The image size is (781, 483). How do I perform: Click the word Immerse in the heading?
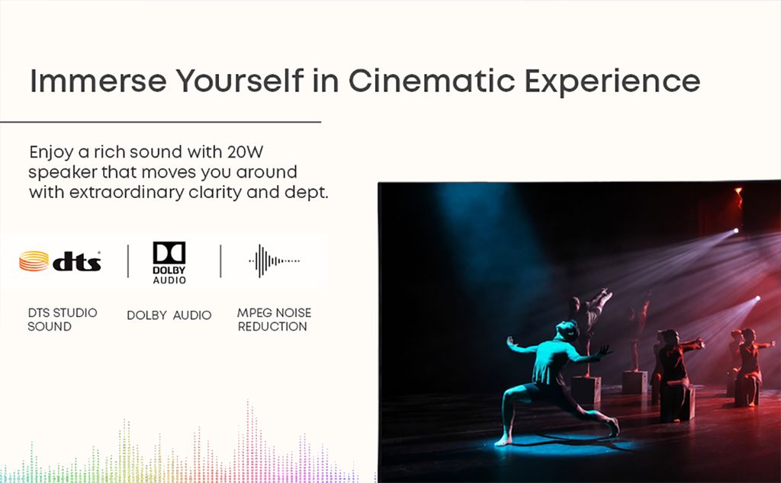tap(98, 81)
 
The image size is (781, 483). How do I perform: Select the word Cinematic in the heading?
tap(432, 81)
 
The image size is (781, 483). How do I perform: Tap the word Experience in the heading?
tap(612, 82)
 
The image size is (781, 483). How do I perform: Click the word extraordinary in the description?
tap(127, 192)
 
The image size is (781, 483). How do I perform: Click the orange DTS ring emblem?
tap(34, 261)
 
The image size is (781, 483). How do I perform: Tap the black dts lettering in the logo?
tap(77, 261)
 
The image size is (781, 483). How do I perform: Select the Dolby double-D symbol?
tap(169, 253)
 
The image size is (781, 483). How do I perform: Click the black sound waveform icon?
tap(274, 261)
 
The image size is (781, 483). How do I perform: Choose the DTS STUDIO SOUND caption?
tap(63, 319)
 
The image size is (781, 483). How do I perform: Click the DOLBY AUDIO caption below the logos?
tap(169, 315)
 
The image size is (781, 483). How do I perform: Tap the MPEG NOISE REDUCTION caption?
tap(274, 319)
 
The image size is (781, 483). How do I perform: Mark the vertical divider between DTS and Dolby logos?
tap(128, 261)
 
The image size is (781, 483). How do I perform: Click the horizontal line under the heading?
tap(160, 121)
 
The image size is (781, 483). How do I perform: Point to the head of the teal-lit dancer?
tap(568, 331)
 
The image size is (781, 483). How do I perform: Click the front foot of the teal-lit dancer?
tap(503, 440)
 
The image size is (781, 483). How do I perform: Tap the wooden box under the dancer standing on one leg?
tap(586, 389)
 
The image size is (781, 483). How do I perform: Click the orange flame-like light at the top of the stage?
tap(739, 196)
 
